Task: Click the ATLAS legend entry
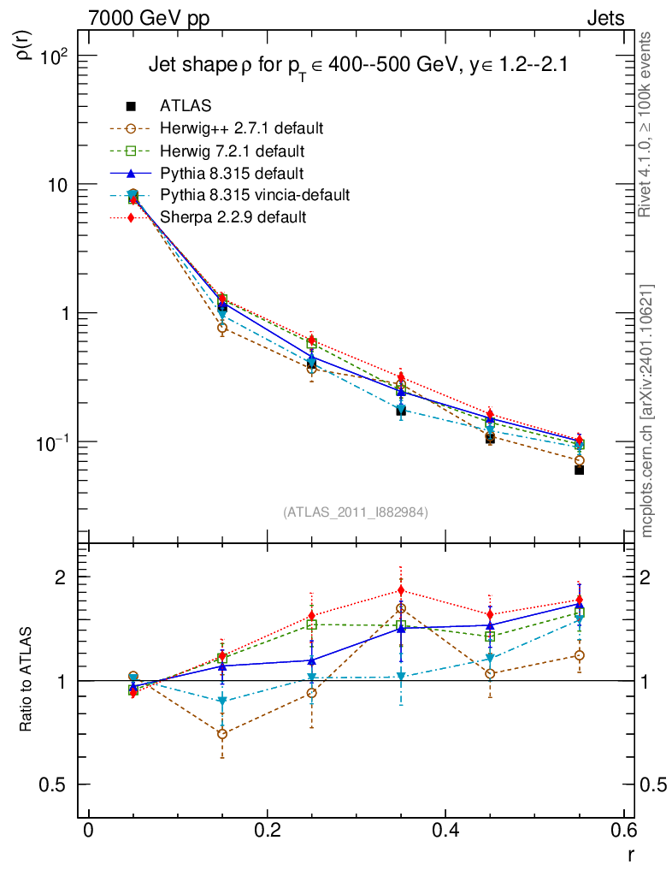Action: tap(186, 106)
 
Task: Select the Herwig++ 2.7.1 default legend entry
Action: tap(241, 129)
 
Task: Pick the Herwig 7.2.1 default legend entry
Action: tap(233, 151)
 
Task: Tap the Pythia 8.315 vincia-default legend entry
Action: tap(255, 195)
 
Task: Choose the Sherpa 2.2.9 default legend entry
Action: tap(233, 217)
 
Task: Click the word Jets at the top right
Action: tap(604, 18)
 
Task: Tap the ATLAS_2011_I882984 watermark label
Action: tap(356, 512)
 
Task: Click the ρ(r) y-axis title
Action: tap(26, 44)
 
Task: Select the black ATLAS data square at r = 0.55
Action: tap(579, 470)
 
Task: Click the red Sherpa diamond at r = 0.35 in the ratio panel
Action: tap(401, 590)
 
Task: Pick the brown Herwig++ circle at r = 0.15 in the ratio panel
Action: tap(222, 734)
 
